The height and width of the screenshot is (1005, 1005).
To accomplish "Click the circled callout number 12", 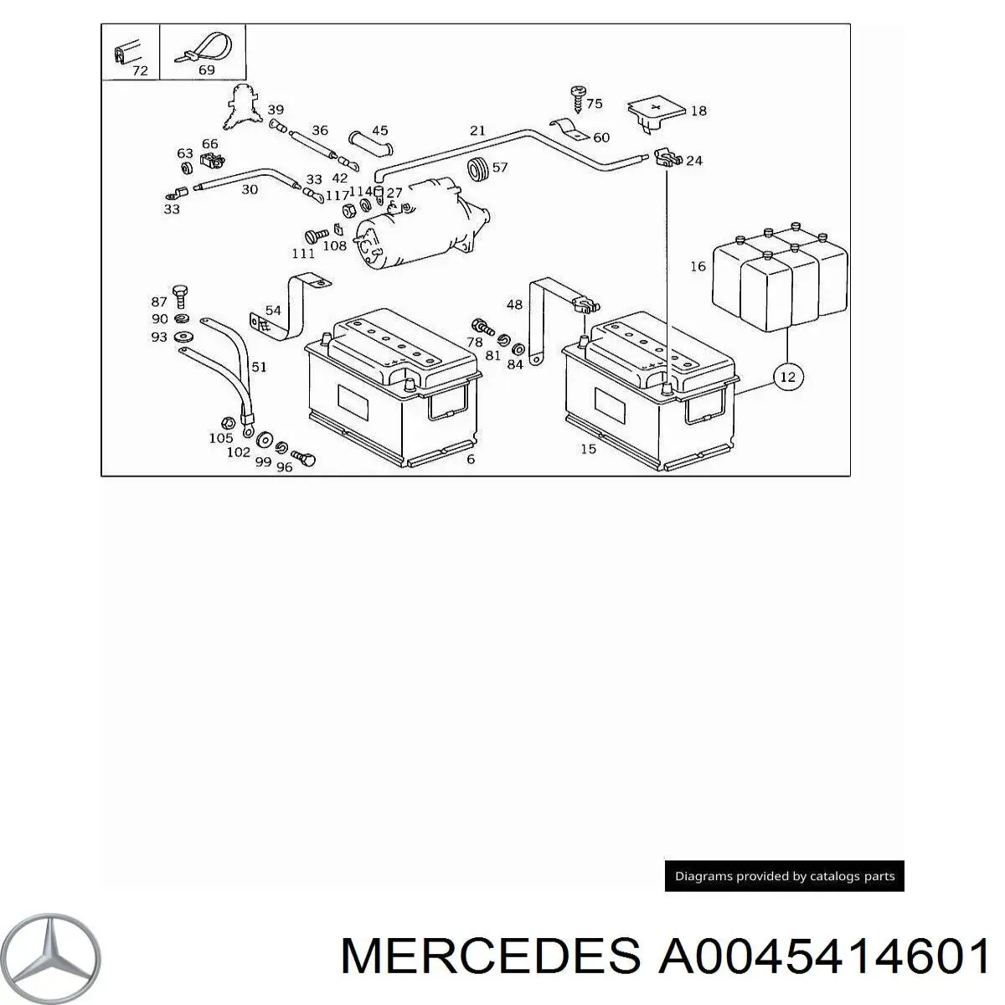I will pos(787,378).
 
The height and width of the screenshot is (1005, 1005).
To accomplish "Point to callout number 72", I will pos(140,71).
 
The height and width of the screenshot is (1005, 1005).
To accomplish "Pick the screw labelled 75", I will pos(576,99).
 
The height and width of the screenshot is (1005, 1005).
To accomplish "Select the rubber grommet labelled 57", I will pos(480,167).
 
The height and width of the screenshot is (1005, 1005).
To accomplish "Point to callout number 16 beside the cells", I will pos(698,267).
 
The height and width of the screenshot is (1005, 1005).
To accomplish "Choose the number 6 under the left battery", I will pos(471,459).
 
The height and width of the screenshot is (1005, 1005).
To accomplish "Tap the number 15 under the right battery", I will pos(589,449).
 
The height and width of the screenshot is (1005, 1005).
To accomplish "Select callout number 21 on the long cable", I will pos(477,131).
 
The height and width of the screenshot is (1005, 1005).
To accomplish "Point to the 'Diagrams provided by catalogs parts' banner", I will pos(785,877).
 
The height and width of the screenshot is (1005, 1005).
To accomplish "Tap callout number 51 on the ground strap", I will pos(260,366).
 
